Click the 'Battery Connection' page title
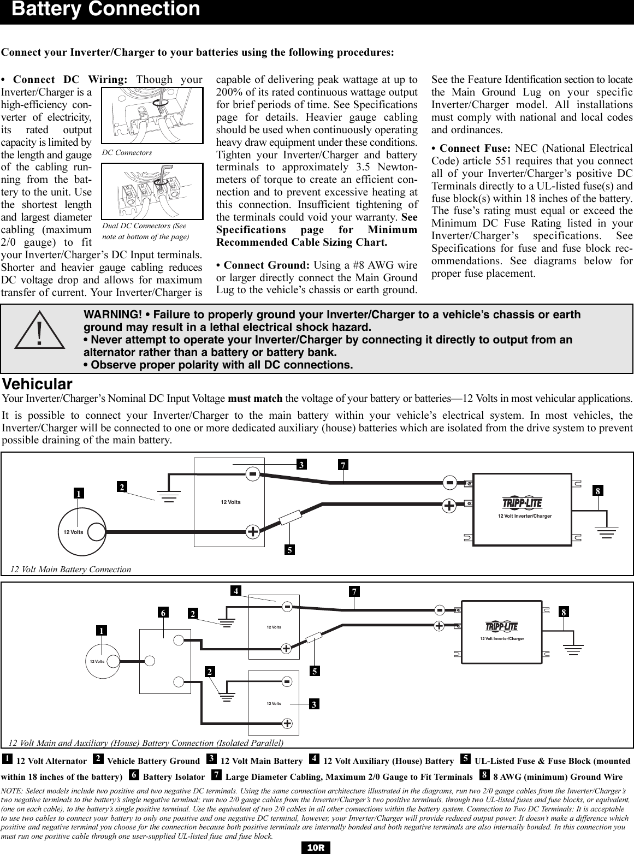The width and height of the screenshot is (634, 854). coord(106,10)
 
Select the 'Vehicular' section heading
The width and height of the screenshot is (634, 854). coord(37,383)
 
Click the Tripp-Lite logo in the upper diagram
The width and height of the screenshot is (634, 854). coord(522,503)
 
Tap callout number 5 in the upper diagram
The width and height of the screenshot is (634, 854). coord(290,550)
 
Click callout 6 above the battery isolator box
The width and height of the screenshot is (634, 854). coord(163,613)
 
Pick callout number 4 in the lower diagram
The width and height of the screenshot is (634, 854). coord(235,591)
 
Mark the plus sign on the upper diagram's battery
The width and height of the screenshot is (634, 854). coord(253,531)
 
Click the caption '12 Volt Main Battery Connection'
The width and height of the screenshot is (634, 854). coord(71,570)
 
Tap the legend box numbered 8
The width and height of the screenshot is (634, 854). coord(484,775)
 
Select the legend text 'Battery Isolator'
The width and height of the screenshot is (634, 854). coord(174,776)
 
